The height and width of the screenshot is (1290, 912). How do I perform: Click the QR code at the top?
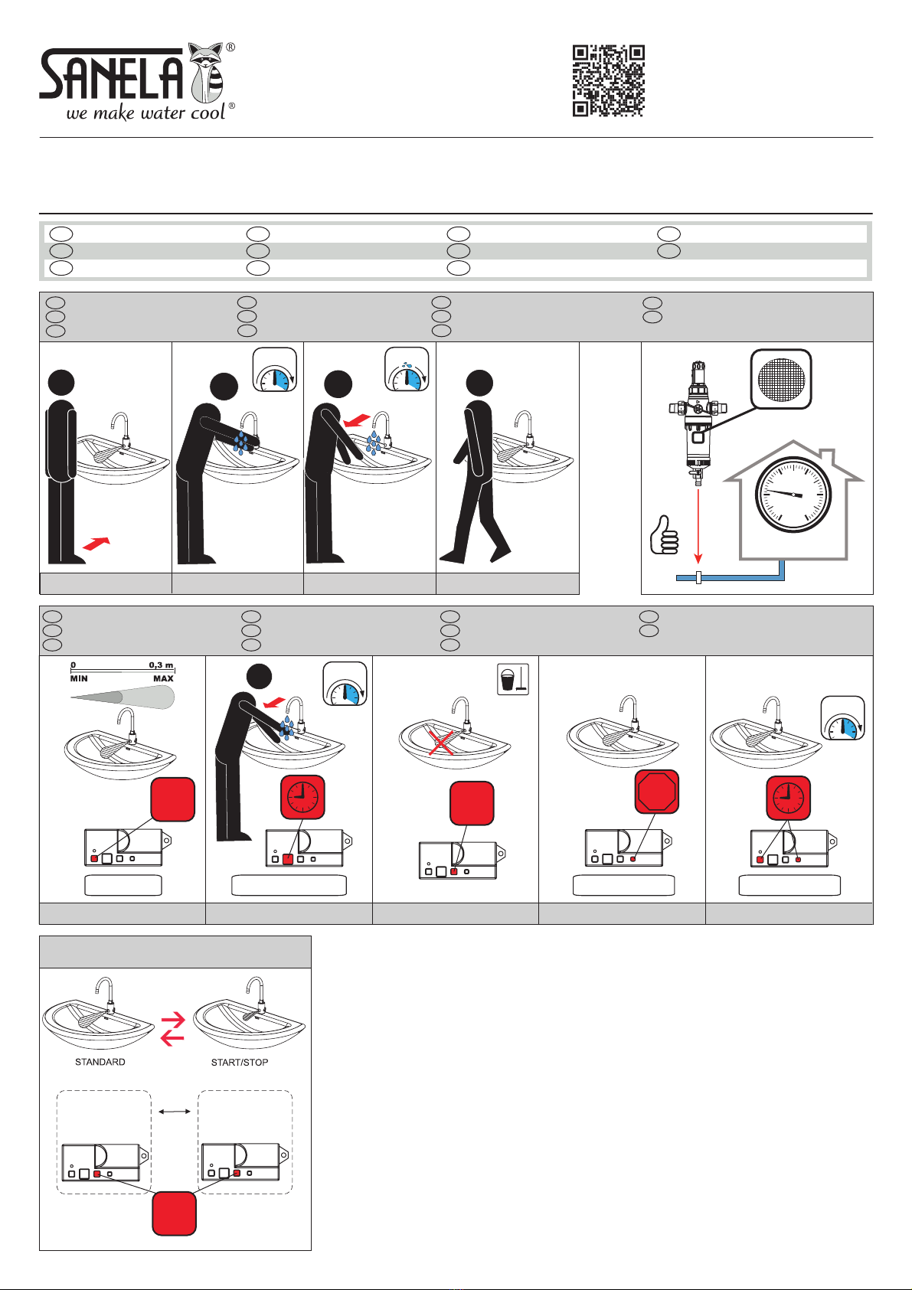tap(609, 80)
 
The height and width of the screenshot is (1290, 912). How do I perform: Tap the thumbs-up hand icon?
tap(664, 535)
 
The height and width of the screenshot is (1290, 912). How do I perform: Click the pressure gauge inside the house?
tap(793, 495)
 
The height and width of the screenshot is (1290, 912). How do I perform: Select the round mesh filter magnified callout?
tap(781, 379)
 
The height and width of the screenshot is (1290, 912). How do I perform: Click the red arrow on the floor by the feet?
tap(96, 543)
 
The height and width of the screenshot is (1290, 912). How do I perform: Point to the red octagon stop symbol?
tap(657, 792)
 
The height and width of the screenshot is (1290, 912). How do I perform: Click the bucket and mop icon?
tap(513, 679)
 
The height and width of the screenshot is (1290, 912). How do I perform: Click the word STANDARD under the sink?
tap(100, 1062)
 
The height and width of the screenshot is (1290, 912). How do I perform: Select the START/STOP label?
tap(240, 1063)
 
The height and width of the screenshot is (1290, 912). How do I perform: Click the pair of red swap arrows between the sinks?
tap(172, 1030)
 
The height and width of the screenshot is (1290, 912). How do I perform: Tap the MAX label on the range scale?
tap(164, 678)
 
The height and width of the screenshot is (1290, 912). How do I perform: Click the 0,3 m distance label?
tap(162, 665)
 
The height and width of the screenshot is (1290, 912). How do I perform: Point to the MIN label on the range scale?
tap(79, 678)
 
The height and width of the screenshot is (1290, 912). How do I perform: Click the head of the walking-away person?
tap(479, 383)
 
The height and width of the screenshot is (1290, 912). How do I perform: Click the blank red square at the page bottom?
tap(175, 1213)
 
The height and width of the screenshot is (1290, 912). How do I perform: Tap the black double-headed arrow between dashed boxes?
tap(174, 1112)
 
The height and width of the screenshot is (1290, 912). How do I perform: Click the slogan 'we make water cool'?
tap(145, 113)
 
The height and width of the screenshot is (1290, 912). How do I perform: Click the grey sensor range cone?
tap(123, 698)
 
